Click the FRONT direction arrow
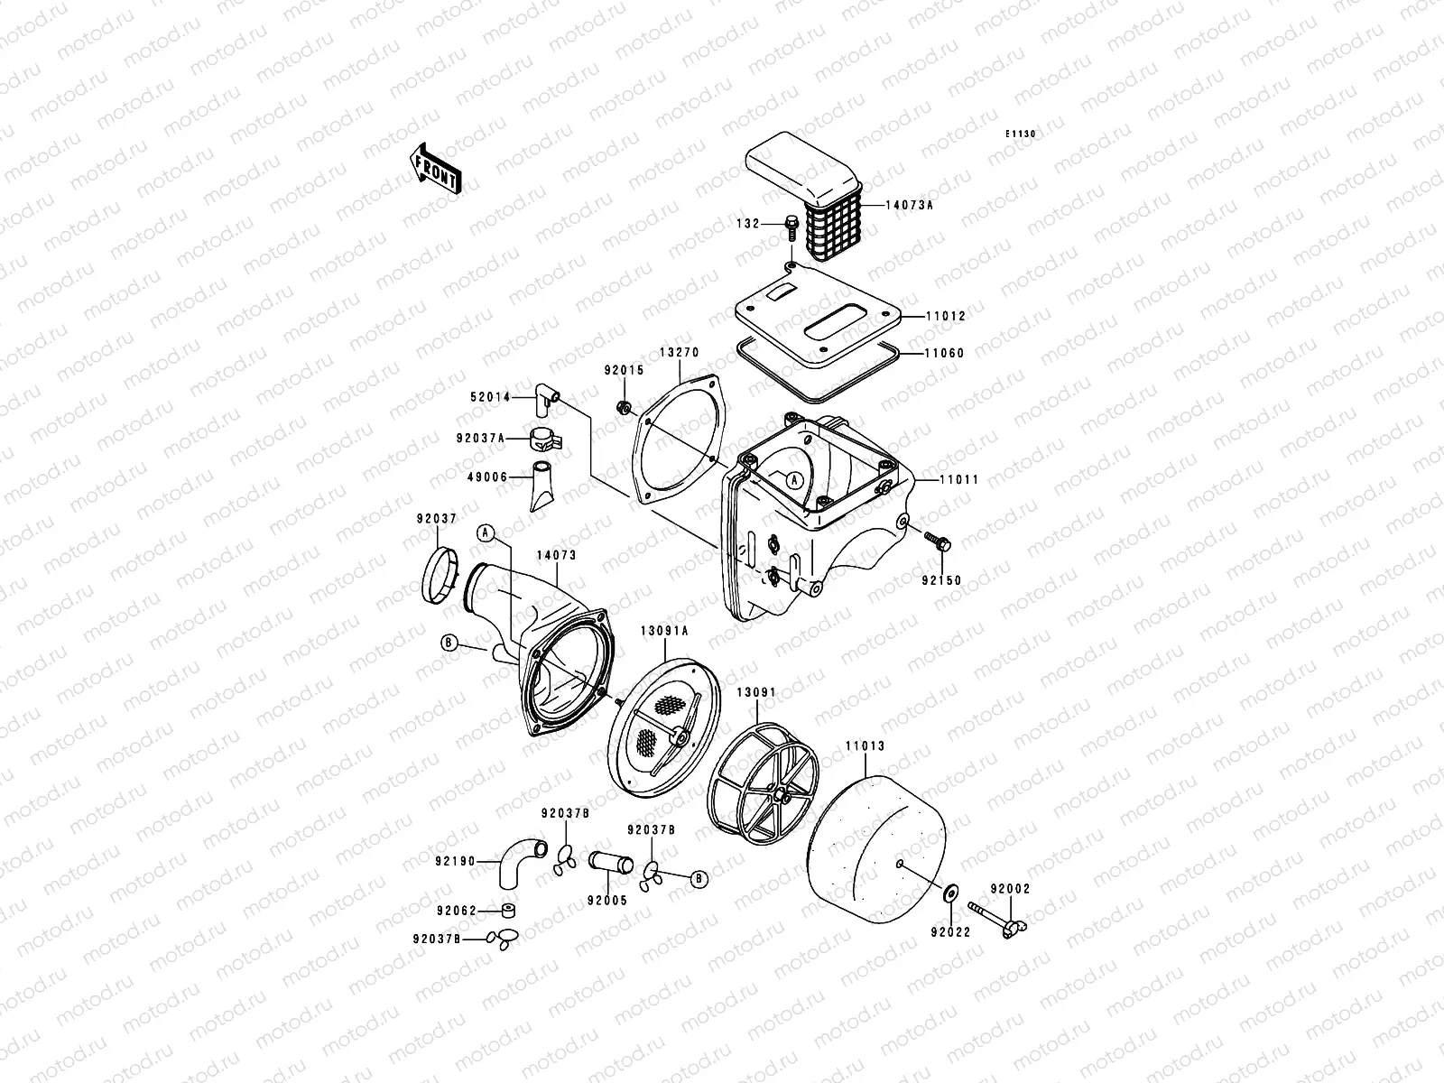click(437, 169)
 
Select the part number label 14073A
click(909, 206)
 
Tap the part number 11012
click(945, 317)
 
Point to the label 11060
click(944, 354)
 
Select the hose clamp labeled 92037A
click(545, 439)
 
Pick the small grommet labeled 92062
click(510, 910)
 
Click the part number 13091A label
click(664, 631)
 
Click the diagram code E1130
click(1021, 134)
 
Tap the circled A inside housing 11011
click(793, 480)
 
